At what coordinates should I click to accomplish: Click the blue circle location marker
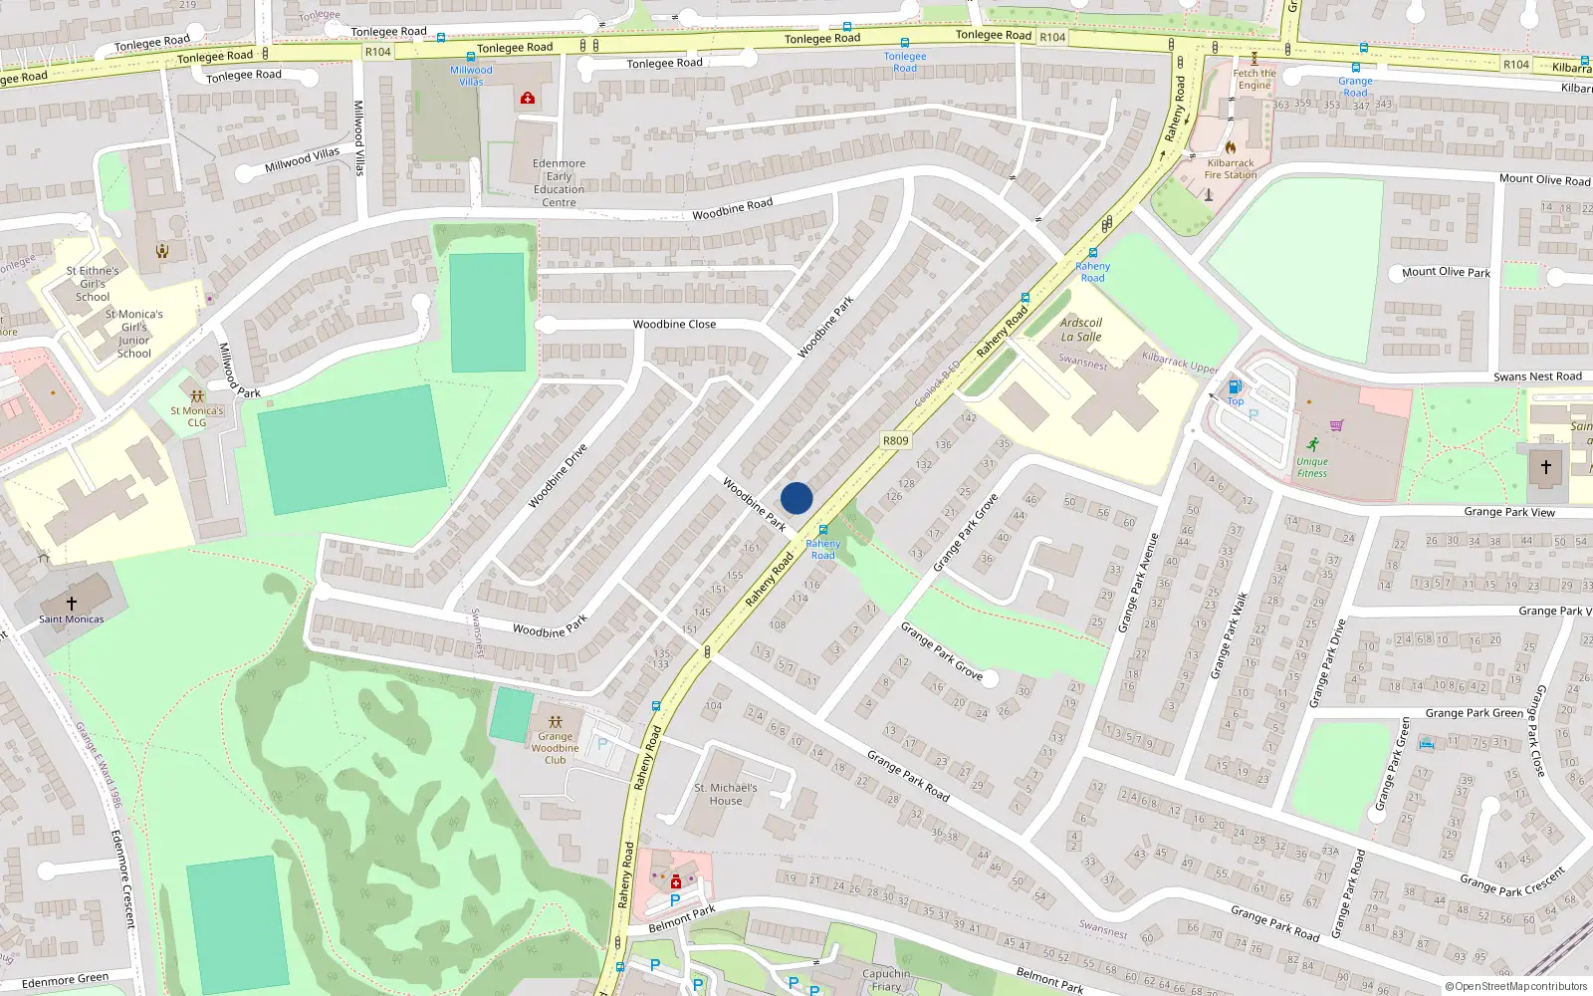pyautogui.click(x=796, y=498)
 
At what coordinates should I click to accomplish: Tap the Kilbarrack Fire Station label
pyautogui.click(x=1231, y=169)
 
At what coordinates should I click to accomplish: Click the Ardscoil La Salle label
pyautogui.click(x=1081, y=330)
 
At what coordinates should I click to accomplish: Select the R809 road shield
pyautogui.click(x=896, y=440)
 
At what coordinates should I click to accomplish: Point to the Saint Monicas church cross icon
pyautogui.click(x=72, y=603)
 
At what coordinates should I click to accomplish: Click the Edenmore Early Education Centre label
pyautogui.click(x=559, y=183)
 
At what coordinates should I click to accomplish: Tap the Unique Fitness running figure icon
pyautogui.click(x=1313, y=444)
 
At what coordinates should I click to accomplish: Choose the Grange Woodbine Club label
pyautogui.click(x=555, y=748)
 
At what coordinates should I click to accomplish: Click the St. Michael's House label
pyautogui.click(x=726, y=794)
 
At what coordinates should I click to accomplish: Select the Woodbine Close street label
pyautogui.click(x=674, y=325)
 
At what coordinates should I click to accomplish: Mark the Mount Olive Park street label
pyautogui.click(x=1446, y=272)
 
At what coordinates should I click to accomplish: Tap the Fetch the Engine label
pyautogui.click(x=1254, y=79)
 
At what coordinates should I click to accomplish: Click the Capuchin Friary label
pyautogui.click(x=886, y=980)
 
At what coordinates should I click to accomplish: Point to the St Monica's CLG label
pyautogui.click(x=197, y=416)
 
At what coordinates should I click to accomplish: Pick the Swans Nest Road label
pyautogui.click(x=1537, y=376)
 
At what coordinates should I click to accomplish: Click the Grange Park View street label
pyautogui.click(x=1509, y=512)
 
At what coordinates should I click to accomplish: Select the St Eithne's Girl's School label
pyautogui.click(x=93, y=284)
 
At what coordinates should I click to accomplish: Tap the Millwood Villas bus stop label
pyautogui.click(x=471, y=76)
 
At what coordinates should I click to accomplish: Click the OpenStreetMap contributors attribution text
pyautogui.click(x=1516, y=986)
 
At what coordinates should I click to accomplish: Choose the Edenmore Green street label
pyautogui.click(x=65, y=981)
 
